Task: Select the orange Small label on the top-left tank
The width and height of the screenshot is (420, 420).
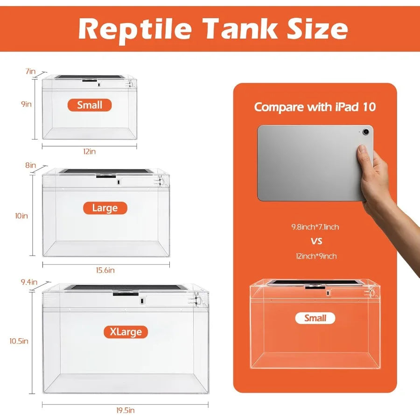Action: coord(90,105)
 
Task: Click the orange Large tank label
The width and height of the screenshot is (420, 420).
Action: coord(105,208)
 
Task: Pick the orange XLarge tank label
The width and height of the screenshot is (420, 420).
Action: coord(126,332)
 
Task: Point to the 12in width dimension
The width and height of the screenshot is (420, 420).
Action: coord(89,152)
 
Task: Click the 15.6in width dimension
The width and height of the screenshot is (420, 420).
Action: coord(105,270)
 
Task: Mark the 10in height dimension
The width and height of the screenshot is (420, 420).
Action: coord(21,216)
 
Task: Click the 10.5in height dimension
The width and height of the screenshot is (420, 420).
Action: coord(19,341)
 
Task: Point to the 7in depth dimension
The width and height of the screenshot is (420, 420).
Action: coord(30,71)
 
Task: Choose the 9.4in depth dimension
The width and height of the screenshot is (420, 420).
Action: coord(29,282)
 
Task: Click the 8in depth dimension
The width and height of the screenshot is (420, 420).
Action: coord(31,165)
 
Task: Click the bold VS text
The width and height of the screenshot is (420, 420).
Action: coord(315,241)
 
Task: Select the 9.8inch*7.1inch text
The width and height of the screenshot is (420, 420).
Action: coord(315,227)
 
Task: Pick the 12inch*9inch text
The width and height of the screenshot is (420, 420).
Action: coord(315,256)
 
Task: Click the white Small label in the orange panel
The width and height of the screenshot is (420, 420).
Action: coord(315,318)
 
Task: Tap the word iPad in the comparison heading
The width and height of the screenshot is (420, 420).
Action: coord(347,107)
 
